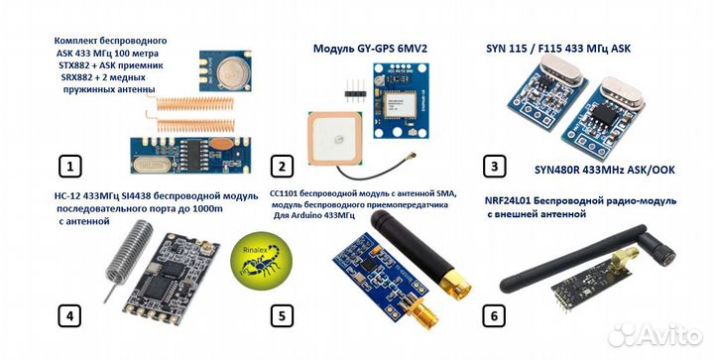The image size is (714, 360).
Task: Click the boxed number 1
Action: [x=68, y=166]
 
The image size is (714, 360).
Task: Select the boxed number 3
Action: [x=494, y=166]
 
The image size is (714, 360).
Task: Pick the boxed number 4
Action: [x=68, y=316]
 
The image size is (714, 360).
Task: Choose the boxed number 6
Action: [x=494, y=316]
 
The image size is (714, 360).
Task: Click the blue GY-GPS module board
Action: [x=410, y=98]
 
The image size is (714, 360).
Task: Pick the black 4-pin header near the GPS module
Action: [x=351, y=90]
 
